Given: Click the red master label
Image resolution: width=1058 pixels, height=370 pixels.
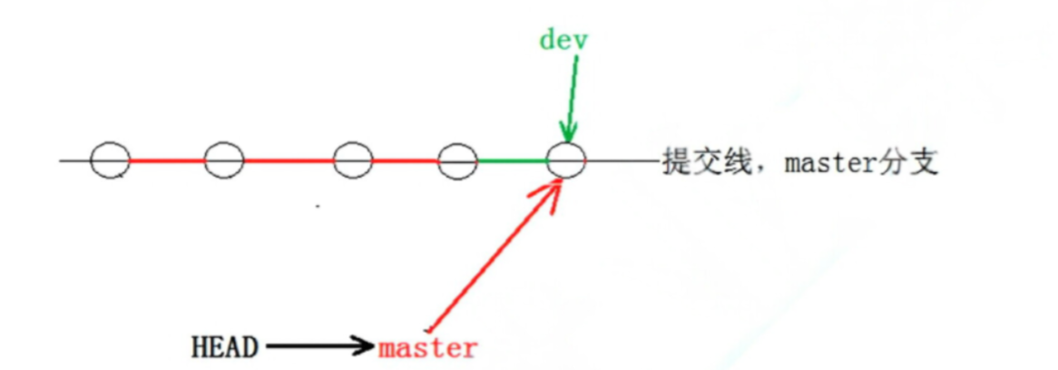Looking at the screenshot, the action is (x=427, y=347).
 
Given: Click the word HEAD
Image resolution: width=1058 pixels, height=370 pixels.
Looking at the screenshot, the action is (x=225, y=346).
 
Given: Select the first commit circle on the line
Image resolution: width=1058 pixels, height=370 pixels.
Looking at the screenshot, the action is (x=109, y=161).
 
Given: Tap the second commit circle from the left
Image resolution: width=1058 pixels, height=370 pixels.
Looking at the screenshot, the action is (x=223, y=161).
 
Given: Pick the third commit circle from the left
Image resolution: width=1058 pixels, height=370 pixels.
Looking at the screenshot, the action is (x=353, y=161).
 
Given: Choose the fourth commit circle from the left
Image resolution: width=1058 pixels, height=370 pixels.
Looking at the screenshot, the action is (x=457, y=161).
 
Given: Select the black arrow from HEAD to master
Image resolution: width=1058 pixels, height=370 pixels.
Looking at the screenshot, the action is (x=318, y=346).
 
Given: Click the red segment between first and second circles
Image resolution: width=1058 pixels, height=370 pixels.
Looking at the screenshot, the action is (x=166, y=161).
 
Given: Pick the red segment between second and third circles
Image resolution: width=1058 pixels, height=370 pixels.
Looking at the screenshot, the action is (x=288, y=161).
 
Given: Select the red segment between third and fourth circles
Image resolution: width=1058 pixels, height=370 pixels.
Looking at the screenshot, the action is (x=405, y=161).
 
